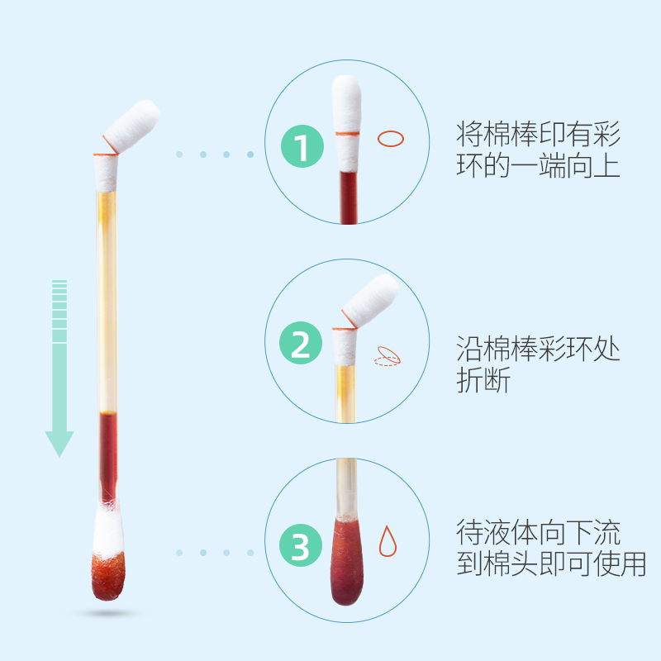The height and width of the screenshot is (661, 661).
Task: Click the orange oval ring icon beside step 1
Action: [x=391, y=139]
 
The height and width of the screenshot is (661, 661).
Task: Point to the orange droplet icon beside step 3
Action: [x=387, y=540]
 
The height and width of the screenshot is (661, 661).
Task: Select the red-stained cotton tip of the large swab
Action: [x=108, y=570]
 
